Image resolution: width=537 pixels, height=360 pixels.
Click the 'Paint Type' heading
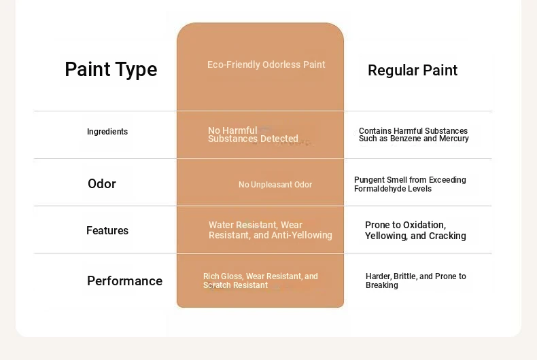(x=111, y=70)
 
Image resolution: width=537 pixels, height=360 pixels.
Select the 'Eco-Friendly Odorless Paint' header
(x=266, y=65)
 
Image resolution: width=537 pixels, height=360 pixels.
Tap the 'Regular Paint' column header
(x=413, y=71)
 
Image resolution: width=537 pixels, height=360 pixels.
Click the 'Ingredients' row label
(x=107, y=132)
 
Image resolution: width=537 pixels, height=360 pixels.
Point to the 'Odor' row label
(x=102, y=184)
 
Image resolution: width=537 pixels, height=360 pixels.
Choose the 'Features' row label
(x=107, y=231)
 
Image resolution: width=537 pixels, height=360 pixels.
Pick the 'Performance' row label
(x=124, y=281)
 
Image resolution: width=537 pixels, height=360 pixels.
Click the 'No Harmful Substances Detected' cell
(x=253, y=134)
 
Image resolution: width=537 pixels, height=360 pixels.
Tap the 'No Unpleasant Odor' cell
(x=275, y=185)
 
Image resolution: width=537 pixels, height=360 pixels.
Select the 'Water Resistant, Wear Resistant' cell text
(x=271, y=230)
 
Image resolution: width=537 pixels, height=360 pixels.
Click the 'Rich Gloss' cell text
(x=260, y=281)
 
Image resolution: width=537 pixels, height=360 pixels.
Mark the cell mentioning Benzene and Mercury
(x=414, y=134)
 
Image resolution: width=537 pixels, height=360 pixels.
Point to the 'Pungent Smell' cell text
(x=410, y=184)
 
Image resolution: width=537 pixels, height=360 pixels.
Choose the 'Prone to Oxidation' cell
(x=415, y=230)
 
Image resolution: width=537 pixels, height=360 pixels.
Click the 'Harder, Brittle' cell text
(x=416, y=281)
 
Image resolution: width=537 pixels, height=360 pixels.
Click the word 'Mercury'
(x=455, y=139)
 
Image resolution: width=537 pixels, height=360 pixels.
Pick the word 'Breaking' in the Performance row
(x=382, y=285)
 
